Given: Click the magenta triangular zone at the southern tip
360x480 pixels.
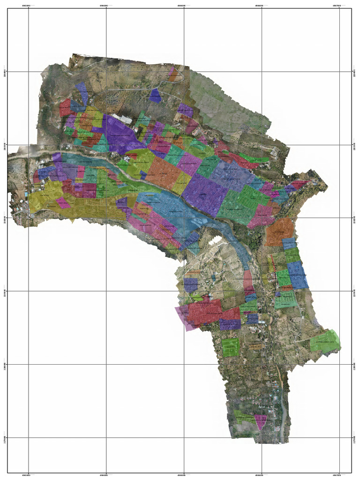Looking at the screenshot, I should tap(260, 420).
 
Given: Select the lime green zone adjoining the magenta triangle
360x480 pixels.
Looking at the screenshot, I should tap(245, 416).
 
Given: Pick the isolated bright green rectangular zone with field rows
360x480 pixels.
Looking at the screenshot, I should tap(231, 347).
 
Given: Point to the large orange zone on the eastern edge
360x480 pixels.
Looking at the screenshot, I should tap(280, 232).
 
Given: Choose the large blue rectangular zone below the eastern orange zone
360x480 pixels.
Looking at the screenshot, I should tap(297, 274).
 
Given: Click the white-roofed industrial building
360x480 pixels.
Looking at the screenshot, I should tap(124, 120).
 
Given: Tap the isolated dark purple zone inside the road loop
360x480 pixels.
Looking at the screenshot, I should tap(155, 95).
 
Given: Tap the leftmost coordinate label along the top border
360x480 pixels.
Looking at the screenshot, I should tap(29, 5).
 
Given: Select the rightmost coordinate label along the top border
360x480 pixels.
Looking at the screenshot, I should tap(337, 5).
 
